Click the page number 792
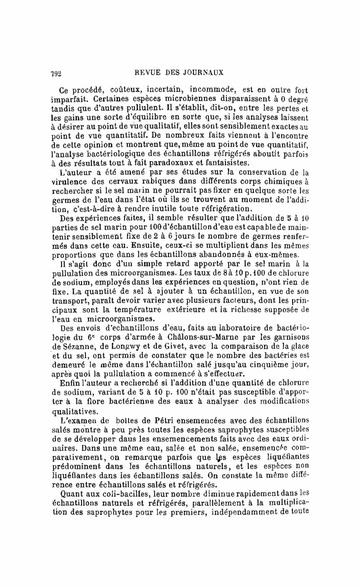[57, 72]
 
